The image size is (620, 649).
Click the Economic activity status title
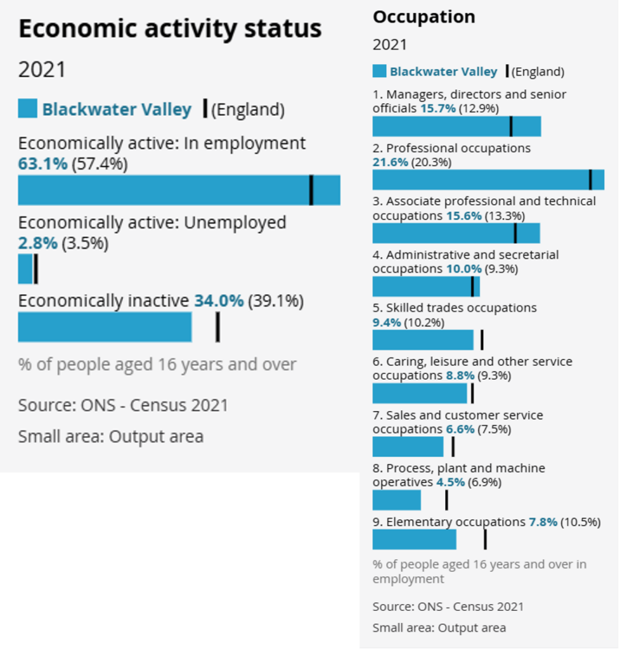(170, 29)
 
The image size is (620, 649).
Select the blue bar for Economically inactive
(105, 327)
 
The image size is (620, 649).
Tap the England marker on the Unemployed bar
(36, 269)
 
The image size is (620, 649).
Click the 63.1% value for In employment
(42, 164)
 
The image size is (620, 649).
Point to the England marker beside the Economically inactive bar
(217, 327)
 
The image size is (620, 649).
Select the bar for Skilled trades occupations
(423, 340)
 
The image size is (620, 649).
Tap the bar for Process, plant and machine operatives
(396, 500)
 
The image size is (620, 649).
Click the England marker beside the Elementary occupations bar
(485, 539)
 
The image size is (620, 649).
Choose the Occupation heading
(423, 17)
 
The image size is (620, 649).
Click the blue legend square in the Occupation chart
(379, 71)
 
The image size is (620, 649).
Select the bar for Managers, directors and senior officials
(456, 126)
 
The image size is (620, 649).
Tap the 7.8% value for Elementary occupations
(543, 522)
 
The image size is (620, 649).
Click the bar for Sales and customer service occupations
(408, 447)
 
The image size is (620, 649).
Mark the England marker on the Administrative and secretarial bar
(472, 286)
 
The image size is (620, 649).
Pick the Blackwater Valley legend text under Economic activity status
(117, 110)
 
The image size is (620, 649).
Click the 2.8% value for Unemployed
(37, 243)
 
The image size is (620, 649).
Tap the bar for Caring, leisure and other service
(420, 394)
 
